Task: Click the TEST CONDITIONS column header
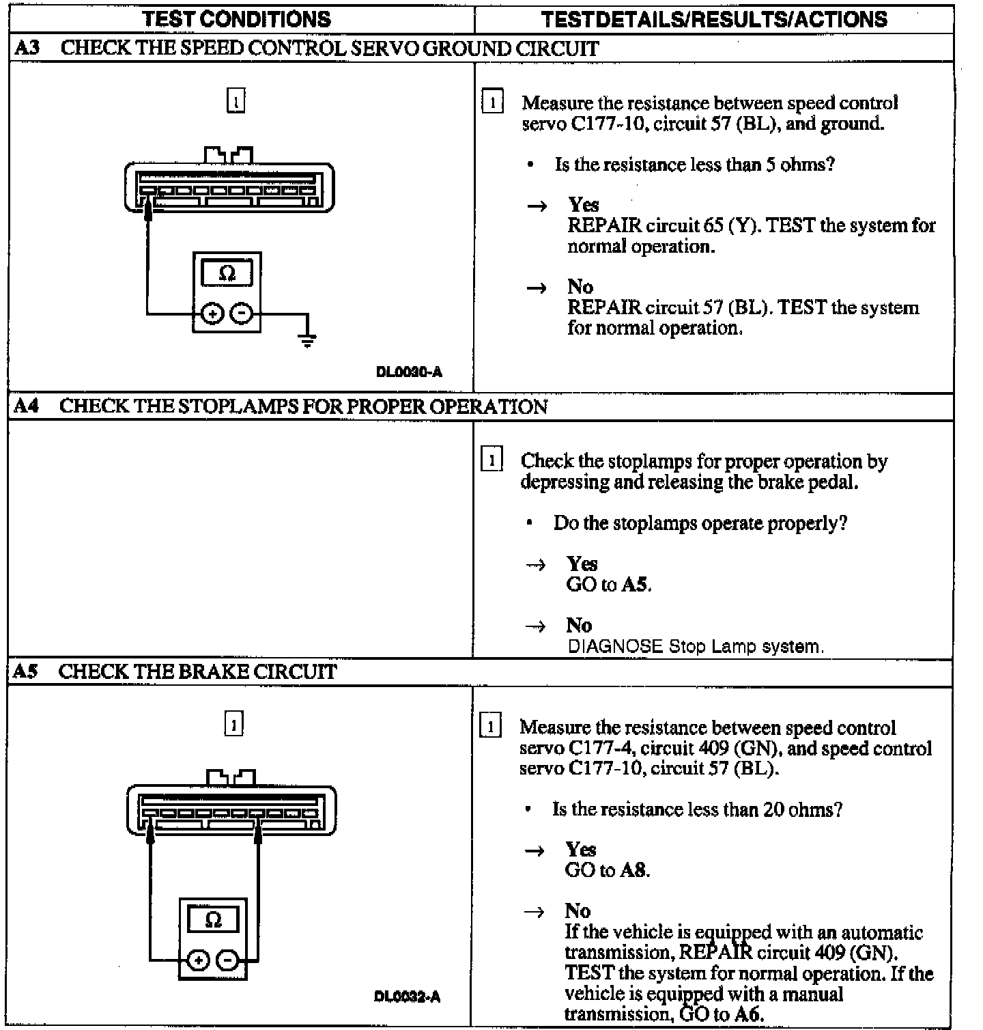pyautogui.click(x=236, y=18)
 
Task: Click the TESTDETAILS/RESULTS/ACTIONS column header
pyautogui.click(x=714, y=18)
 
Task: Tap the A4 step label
pyautogui.click(x=27, y=406)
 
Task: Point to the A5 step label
pyautogui.click(x=26, y=671)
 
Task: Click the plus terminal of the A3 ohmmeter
pyautogui.click(x=212, y=314)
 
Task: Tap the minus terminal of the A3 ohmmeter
pyautogui.click(x=242, y=314)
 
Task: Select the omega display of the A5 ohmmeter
pyautogui.click(x=213, y=919)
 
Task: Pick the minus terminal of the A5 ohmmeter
pyautogui.click(x=228, y=960)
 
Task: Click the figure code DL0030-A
pyautogui.click(x=409, y=372)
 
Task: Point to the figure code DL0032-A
pyautogui.click(x=408, y=997)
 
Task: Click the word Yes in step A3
pyautogui.click(x=584, y=204)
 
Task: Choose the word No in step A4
pyautogui.click(x=579, y=625)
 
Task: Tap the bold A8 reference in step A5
pyautogui.click(x=635, y=870)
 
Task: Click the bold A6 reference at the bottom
pyautogui.click(x=748, y=1014)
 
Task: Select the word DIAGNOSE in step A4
pyautogui.click(x=615, y=646)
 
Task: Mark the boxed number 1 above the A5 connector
pyautogui.click(x=233, y=724)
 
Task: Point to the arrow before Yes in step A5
pyautogui.click(x=535, y=850)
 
